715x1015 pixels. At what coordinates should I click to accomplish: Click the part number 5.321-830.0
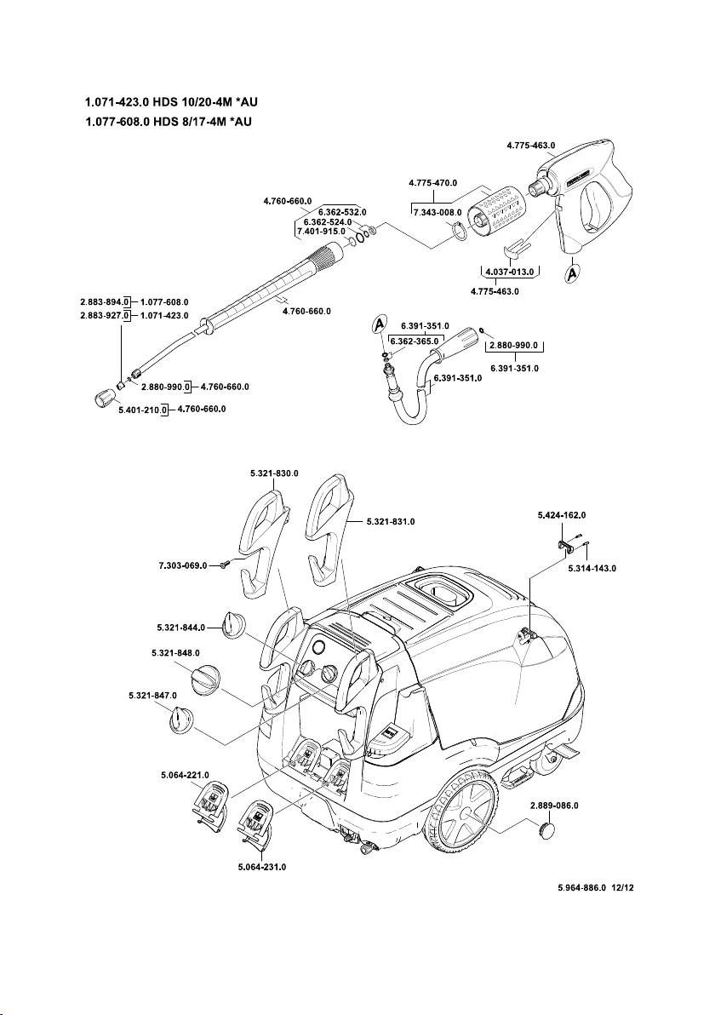point(274,473)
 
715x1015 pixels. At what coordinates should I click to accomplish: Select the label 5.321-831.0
point(391,521)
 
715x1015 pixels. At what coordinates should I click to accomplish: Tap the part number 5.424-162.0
point(562,515)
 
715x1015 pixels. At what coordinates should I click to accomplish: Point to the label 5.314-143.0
point(592,567)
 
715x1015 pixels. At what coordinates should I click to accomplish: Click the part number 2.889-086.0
point(554,805)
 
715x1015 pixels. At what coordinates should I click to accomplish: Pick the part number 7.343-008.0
point(437,212)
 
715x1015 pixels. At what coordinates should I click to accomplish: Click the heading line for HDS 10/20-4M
point(171,102)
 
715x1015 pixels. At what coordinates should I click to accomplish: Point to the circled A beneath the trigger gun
point(572,274)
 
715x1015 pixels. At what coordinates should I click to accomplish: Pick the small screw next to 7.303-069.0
point(224,565)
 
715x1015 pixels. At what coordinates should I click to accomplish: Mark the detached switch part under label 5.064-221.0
point(209,803)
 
